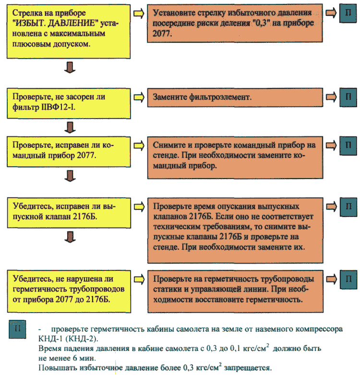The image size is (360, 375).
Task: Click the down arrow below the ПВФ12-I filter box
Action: tap(70, 127)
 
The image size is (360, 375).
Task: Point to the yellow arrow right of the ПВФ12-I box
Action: tap(138, 97)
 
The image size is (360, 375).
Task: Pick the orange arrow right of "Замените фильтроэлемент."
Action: tap(331, 96)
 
